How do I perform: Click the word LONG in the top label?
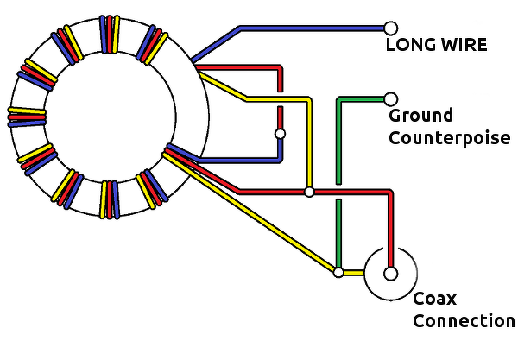407,45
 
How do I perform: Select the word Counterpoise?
449,138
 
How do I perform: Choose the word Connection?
463,321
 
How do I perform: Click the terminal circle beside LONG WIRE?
390,28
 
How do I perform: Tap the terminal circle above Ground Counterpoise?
390,99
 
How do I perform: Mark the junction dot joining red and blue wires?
279,134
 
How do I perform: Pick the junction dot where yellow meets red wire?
308,192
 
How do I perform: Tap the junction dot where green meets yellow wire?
338,273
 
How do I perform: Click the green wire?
338,138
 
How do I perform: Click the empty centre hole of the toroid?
111,115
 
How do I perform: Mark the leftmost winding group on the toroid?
26,116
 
